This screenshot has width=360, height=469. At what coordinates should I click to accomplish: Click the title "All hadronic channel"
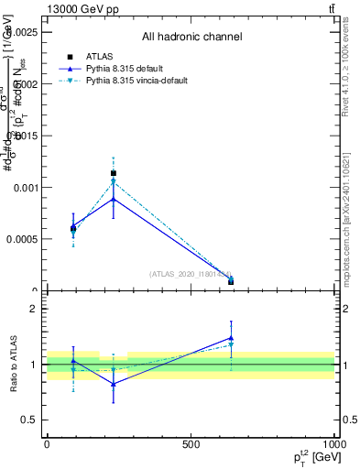(x=191, y=38)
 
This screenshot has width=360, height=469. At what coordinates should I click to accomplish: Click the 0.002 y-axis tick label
(x=26, y=83)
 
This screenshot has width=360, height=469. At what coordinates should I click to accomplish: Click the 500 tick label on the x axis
(x=191, y=444)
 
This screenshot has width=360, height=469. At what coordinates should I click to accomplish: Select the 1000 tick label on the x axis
(x=333, y=444)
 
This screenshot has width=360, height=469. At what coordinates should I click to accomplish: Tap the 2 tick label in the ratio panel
(x=34, y=310)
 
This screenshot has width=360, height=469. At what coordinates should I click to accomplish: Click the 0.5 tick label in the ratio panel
(x=29, y=420)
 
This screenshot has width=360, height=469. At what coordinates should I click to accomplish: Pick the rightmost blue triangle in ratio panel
(x=231, y=338)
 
